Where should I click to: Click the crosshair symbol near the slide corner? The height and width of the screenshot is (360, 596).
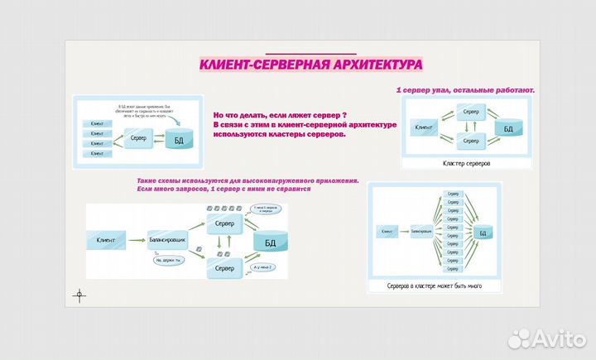79,294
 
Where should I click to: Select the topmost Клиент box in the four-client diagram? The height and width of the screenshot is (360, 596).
98,123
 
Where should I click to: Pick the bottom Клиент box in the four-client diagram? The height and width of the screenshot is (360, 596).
98,154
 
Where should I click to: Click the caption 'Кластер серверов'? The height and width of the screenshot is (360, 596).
467,164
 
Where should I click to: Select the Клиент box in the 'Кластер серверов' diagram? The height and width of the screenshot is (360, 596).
425,127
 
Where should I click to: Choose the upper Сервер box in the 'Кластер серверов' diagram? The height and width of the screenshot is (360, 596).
470,111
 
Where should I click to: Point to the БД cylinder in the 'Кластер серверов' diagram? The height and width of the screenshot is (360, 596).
508,128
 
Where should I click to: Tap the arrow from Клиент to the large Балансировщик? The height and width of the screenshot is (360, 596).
137,239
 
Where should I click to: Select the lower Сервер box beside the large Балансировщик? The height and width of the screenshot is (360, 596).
224,268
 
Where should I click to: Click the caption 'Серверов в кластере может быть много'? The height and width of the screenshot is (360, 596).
434,286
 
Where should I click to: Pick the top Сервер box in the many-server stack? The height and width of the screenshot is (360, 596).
453,194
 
